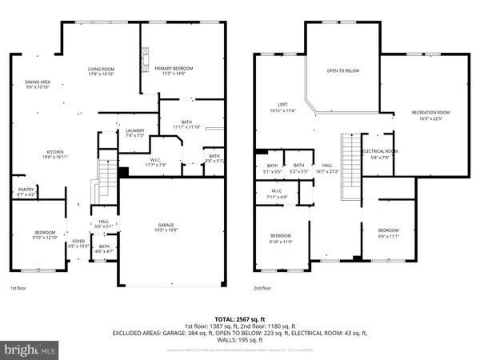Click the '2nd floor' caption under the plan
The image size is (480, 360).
pos(262,288)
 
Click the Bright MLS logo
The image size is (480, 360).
pos(30,349)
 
